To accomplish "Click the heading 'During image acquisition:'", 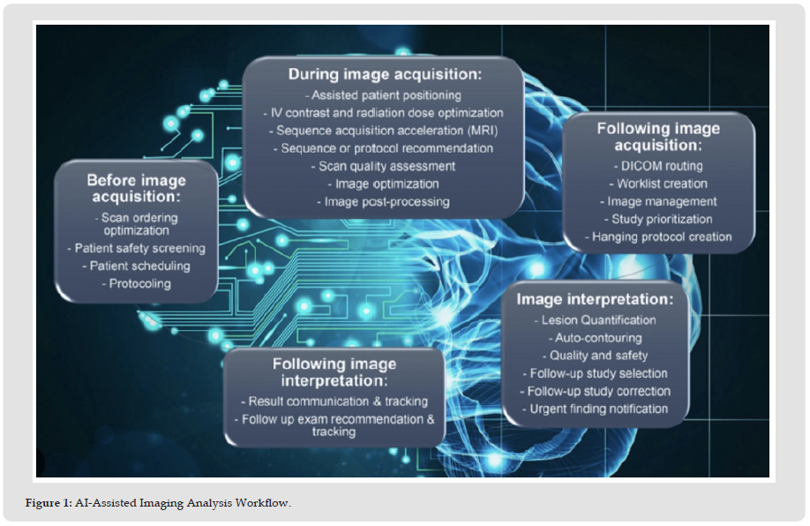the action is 385,74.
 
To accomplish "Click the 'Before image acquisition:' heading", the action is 137,188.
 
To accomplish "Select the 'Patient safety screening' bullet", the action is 137,248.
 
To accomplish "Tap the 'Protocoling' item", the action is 137,283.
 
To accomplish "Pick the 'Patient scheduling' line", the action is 137,267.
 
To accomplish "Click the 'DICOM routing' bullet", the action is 658,166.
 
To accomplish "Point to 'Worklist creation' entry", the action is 658,184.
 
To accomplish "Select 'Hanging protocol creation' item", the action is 658,237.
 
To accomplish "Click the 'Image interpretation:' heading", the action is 595,299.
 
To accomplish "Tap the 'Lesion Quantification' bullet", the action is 595,320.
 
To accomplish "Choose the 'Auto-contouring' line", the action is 595,338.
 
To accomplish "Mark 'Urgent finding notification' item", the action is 595,409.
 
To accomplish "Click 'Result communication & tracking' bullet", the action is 334,402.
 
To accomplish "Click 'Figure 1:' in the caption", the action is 49,503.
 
